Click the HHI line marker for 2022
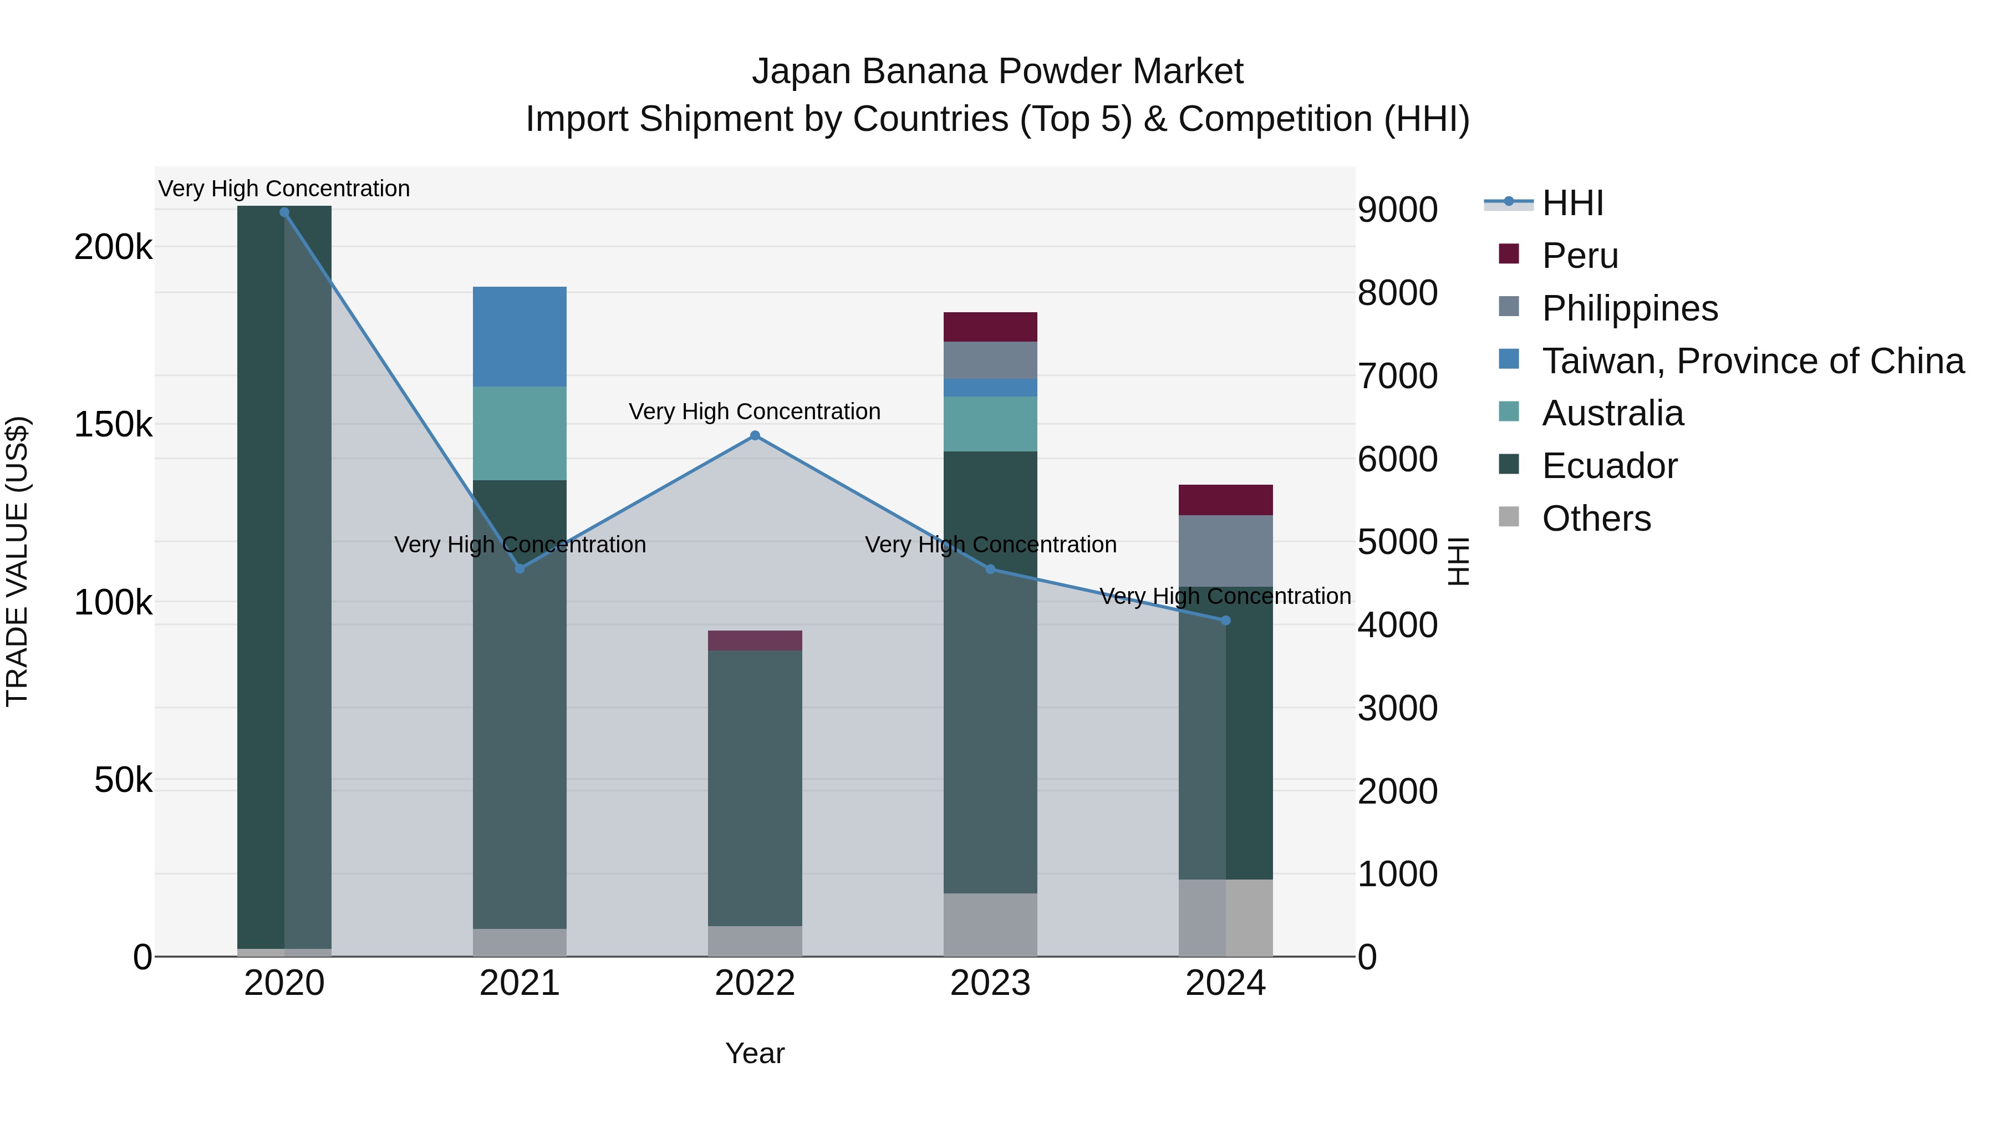tap(755, 435)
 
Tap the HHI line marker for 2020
tap(284, 212)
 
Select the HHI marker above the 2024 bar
tap(1225, 620)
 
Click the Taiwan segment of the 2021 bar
tap(519, 337)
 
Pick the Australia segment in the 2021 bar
tap(519, 433)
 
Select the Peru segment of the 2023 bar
tap(990, 327)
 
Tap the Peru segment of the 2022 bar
tap(755, 640)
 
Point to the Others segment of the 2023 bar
tap(990, 924)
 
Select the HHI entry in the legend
tap(1572, 203)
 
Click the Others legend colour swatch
tap(1509, 517)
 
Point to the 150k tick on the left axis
tap(113, 425)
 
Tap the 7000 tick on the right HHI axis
tap(1397, 376)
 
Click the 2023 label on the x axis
tap(990, 983)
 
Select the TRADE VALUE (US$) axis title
tap(17, 561)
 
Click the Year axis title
tap(755, 1053)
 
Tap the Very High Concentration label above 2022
tap(755, 411)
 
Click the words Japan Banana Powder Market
tap(997, 72)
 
